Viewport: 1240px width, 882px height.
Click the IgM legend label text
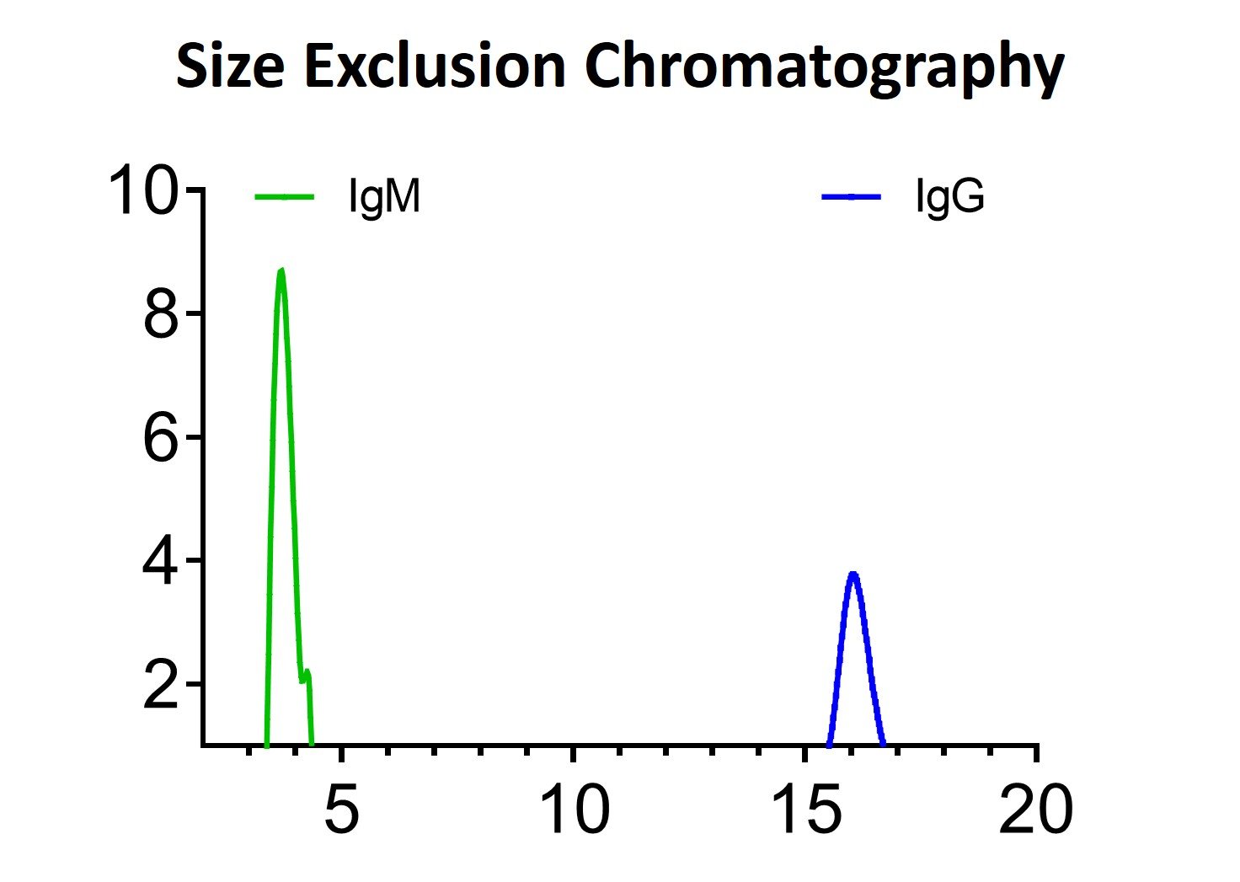tap(384, 199)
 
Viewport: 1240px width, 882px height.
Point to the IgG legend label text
tap(950, 199)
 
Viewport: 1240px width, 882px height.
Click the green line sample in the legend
tap(285, 198)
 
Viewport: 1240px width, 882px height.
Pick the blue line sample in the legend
tap(852, 197)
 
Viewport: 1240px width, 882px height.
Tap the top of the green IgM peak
tap(281, 270)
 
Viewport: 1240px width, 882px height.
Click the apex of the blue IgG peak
tap(853, 574)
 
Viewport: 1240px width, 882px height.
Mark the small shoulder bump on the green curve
tap(307, 671)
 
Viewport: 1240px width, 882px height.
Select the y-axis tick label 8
tap(161, 315)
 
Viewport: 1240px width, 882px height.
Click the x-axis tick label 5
tap(341, 810)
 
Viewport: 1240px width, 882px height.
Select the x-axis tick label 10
tap(574, 810)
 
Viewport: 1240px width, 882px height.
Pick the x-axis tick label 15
tap(805, 810)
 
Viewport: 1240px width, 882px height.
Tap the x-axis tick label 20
tap(1036, 810)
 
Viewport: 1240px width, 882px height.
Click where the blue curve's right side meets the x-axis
tap(883, 744)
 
